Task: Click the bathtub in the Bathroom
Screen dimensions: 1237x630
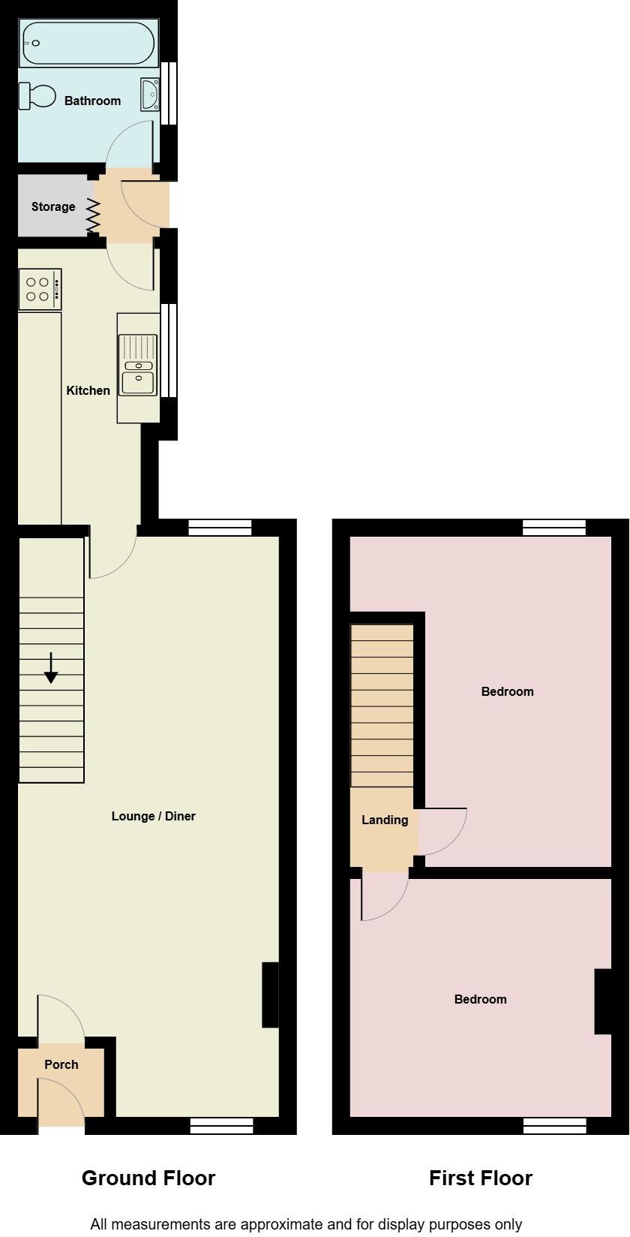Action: coord(88,44)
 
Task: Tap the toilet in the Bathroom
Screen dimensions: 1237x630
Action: coord(38,96)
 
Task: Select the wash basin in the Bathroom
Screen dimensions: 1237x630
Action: coord(149,95)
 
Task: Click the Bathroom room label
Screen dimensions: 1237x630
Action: coord(92,101)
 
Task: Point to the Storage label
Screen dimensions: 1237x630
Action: coord(53,206)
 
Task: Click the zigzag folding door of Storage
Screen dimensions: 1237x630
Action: coord(93,215)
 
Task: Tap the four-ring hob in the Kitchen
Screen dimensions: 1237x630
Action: coord(40,289)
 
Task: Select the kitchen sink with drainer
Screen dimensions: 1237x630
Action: coord(139,366)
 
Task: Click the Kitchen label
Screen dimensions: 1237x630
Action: coord(88,390)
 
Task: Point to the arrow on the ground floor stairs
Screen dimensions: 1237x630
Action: coord(51,668)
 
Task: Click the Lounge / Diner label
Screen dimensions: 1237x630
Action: coord(153,816)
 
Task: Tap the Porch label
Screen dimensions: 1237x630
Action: coord(61,1064)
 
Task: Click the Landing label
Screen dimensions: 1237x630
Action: coord(385,820)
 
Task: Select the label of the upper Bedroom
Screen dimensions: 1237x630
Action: coord(507,691)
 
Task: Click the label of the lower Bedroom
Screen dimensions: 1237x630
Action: coord(480,999)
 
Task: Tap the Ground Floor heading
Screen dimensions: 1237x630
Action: coord(148,1178)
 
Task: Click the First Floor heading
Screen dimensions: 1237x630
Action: coord(481,1178)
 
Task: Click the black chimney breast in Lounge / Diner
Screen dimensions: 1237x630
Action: coord(270,995)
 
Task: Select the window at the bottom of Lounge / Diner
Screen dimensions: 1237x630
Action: coord(221,1125)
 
